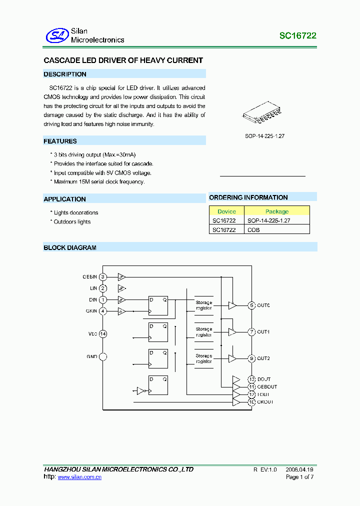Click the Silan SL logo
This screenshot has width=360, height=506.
coord(56,35)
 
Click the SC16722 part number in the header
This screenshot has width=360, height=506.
coord(297,36)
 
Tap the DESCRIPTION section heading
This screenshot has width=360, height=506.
coord(65,74)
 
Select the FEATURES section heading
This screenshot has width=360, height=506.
coord(60,141)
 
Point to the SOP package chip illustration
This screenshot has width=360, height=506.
coord(261,113)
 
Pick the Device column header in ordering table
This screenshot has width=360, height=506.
coord(226,211)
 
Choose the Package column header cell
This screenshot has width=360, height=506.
coord(277,211)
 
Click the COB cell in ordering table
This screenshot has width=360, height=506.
coord(253,230)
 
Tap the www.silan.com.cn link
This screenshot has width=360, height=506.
coord(79,477)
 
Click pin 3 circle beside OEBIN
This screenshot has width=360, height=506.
coord(103,276)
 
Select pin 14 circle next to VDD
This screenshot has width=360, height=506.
coord(103,333)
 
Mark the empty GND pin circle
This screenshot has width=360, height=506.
coord(103,356)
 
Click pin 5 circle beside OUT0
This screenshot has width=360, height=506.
coord(252,305)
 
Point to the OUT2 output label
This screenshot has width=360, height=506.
coord(263,358)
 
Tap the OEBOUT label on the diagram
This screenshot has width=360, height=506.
coord(267,386)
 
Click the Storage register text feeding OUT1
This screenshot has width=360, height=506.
coord(203,331)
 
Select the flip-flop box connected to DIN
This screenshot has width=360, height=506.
coord(158,305)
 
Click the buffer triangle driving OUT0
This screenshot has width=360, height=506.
coord(232,305)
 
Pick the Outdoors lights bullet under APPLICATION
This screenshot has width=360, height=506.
coord(72,221)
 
